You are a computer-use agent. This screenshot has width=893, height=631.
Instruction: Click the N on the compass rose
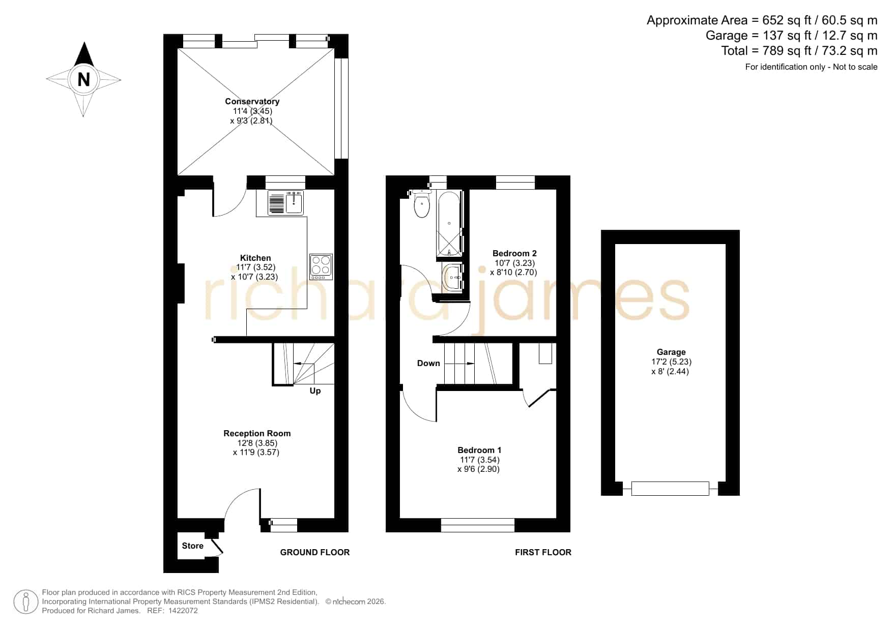tap(83, 79)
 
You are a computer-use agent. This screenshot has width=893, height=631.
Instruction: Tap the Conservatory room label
tap(252, 101)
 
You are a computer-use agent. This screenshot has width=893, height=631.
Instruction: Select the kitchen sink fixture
tap(285, 203)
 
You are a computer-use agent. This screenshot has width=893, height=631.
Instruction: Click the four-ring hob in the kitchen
tap(321, 266)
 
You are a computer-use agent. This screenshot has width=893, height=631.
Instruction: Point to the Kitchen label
tap(255, 258)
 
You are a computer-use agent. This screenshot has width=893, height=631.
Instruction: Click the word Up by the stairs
tap(315, 390)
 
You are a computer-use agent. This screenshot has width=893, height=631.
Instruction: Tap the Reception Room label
tap(257, 433)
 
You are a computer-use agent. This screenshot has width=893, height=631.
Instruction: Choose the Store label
tap(192, 546)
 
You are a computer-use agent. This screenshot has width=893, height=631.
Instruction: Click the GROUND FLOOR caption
tap(314, 552)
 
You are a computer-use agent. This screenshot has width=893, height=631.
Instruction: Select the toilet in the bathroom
tap(422, 204)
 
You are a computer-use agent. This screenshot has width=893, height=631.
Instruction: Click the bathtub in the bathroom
tap(449, 224)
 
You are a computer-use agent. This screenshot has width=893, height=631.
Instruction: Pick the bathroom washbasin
tap(452, 278)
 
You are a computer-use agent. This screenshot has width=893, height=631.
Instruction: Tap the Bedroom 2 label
tap(514, 253)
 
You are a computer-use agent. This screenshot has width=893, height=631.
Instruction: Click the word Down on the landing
tap(428, 363)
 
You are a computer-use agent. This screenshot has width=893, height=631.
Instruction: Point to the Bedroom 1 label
tap(479, 450)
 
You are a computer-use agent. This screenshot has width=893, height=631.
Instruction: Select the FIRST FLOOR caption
tap(543, 552)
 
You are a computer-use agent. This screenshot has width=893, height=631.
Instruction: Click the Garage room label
tap(671, 352)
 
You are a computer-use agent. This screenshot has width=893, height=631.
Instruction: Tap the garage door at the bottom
tap(670, 489)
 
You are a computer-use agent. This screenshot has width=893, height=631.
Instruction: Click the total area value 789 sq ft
tap(785, 51)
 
